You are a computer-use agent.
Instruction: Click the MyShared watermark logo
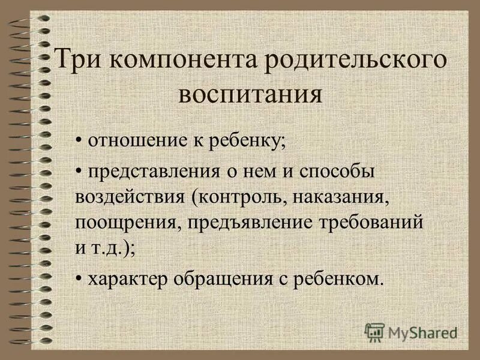pos(411,331)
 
